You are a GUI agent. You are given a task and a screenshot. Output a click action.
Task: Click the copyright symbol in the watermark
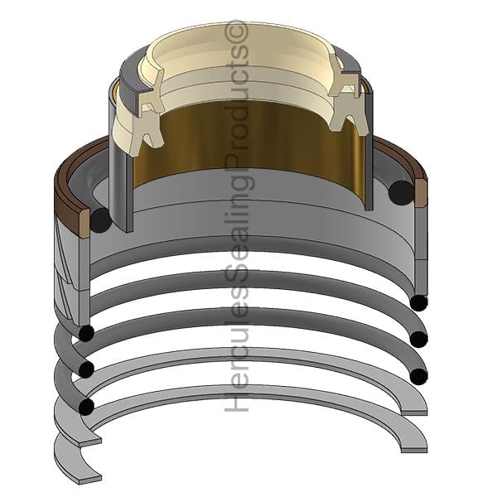tap(236, 31)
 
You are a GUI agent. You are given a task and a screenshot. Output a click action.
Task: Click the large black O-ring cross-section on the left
tap(101, 220)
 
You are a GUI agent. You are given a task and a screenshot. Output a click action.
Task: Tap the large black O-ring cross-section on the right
tap(401, 192)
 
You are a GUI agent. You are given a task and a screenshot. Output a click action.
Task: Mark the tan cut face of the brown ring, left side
tap(84, 224)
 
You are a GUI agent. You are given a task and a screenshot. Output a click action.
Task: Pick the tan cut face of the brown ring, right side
tap(422, 193)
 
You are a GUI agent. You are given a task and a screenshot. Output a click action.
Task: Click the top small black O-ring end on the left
tap(86, 333)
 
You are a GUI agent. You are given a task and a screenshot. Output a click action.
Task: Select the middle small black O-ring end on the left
tap(86, 369)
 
